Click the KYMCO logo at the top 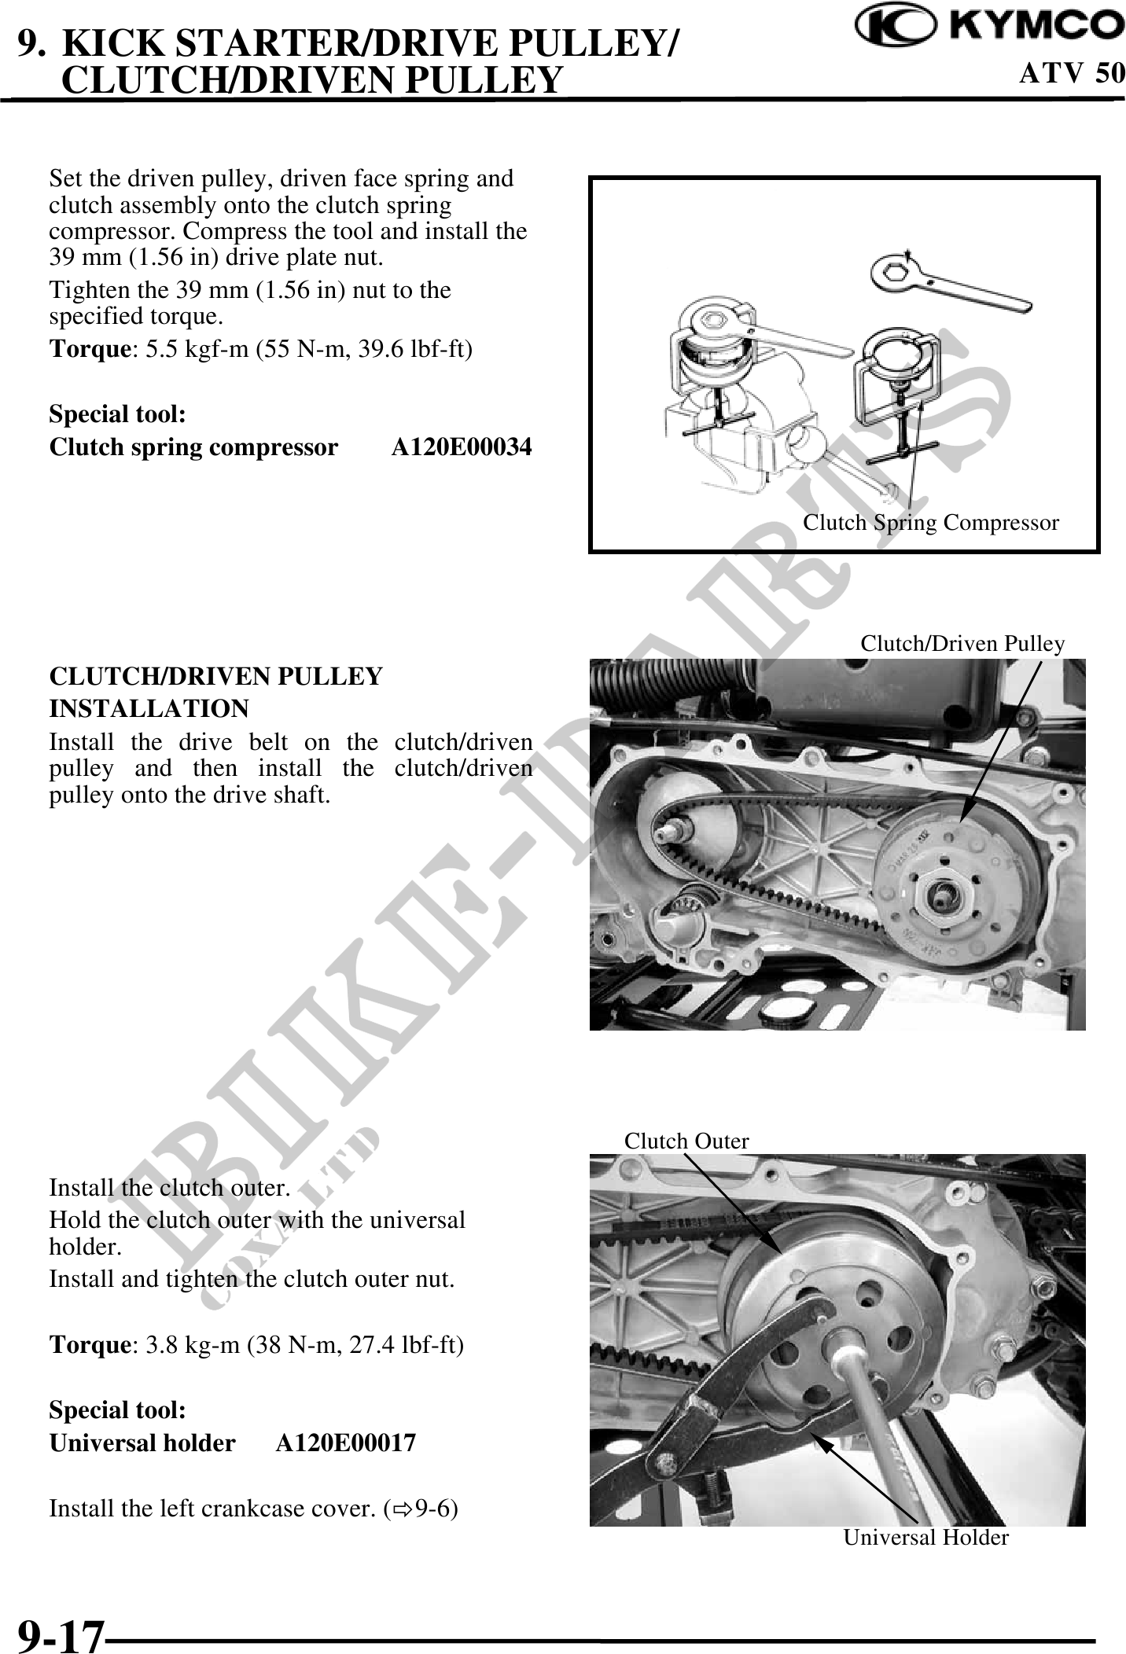pyautogui.click(x=990, y=25)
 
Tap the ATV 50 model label pyautogui.click(x=1072, y=73)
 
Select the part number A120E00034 pyautogui.click(x=462, y=447)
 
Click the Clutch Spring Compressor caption pyautogui.click(x=930, y=523)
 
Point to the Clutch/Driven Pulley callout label pyautogui.click(x=962, y=644)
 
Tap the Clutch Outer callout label pyautogui.click(x=686, y=1141)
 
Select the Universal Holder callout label pyautogui.click(x=925, y=1537)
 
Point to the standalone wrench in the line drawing pyautogui.click(x=948, y=284)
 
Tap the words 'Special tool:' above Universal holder pyautogui.click(x=118, y=1410)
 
